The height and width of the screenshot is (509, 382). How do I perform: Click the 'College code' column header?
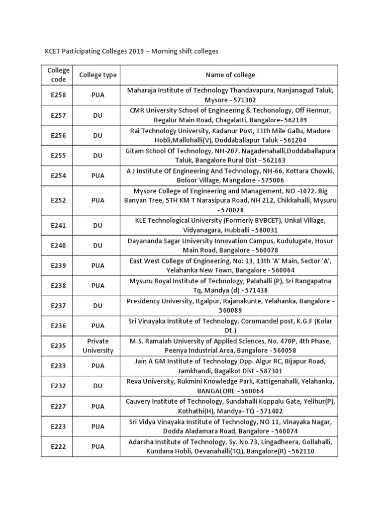pos(58,75)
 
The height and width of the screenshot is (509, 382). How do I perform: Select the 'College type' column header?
pos(98,75)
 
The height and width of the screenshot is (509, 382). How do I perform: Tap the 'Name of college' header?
pos(230,75)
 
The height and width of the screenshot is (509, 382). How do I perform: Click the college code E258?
pos(58,95)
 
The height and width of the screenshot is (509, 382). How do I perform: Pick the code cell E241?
pos(58,225)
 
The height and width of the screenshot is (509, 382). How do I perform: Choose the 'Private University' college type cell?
pos(98,345)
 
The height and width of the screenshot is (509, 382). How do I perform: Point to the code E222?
pos(58,446)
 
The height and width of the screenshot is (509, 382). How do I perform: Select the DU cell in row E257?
pos(98,115)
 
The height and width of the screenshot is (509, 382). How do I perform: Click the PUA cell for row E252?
pos(98,200)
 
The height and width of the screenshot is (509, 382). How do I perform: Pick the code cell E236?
pos(58,326)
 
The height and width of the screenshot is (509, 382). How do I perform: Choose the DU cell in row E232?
pos(98,386)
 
